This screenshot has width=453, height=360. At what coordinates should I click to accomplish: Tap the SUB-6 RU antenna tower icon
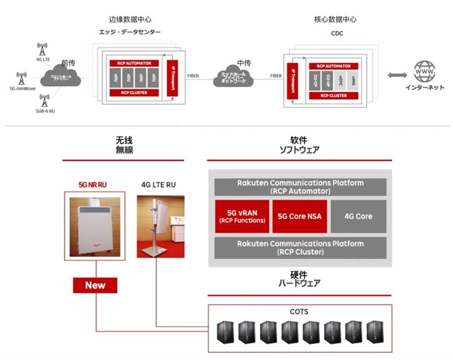pos(45,100)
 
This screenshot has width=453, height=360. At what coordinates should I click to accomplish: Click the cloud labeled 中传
pos(241,77)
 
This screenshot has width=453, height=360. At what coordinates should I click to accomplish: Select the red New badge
pos(95,285)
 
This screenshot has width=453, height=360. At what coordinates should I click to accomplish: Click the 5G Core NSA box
pos(300,216)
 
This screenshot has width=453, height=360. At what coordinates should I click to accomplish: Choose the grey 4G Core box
pos(358,216)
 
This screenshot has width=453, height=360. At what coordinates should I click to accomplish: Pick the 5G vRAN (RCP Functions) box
pos(241,216)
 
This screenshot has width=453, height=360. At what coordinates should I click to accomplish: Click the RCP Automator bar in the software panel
pos(300,186)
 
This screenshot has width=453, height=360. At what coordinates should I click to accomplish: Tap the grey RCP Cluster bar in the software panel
pos(300,247)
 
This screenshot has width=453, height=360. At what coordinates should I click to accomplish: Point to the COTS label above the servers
pos(300,312)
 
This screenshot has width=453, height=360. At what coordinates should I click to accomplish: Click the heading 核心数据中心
pos(336,19)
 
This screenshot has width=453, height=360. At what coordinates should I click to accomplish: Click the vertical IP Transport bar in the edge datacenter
pos(172,78)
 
